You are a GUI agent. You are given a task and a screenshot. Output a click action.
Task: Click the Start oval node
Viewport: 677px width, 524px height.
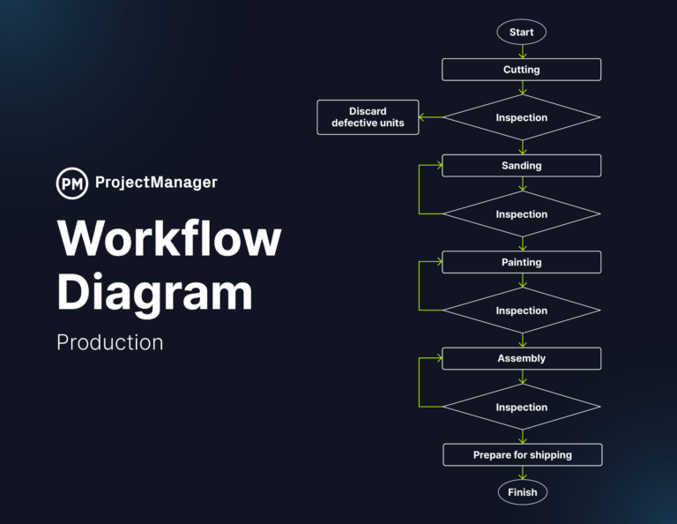(x=521, y=33)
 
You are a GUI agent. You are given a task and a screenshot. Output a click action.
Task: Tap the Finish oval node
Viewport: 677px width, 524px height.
(x=522, y=492)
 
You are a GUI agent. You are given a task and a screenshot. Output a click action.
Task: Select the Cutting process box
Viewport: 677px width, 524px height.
(x=521, y=70)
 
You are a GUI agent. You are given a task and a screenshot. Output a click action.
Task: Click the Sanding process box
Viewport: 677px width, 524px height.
(x=521, y=166)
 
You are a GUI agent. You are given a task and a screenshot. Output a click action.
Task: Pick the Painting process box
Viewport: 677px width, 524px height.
(x=521, y=262)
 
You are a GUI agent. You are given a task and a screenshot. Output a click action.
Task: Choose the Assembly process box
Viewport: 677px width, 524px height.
(x=521, y=358)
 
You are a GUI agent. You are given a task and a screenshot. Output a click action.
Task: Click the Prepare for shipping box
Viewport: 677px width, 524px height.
(x=522, y=455)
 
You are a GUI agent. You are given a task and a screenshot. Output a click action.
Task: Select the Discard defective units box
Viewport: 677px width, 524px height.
(x=368, y=117)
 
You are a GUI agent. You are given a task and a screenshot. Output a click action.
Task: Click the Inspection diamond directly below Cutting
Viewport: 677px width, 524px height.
(x=521, y=117)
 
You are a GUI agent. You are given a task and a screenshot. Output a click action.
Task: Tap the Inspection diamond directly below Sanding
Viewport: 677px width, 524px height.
(x=521, y=214)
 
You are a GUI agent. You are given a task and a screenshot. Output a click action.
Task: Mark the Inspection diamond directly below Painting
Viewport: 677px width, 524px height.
(x=521, y=311)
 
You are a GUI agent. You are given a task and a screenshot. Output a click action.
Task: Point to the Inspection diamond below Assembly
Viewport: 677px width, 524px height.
(x=521, y=408)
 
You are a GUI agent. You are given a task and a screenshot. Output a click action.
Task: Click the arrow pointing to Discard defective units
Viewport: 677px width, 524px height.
(x=430, y=117)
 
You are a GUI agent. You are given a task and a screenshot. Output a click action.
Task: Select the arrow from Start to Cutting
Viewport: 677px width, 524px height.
(x=522, y=51)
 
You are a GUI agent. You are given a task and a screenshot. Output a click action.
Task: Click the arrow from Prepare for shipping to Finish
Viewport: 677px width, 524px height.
(x=522, y=473)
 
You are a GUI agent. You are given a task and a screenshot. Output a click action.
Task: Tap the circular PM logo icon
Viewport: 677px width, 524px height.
(x=72, y=183)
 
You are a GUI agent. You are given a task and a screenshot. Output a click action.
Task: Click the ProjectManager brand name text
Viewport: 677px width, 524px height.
(x=155, y=183)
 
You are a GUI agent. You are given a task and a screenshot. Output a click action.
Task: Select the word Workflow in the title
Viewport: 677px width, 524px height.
(x=169, y=239)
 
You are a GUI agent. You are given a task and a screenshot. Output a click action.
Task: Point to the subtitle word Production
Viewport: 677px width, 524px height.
(x=110, y=342)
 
